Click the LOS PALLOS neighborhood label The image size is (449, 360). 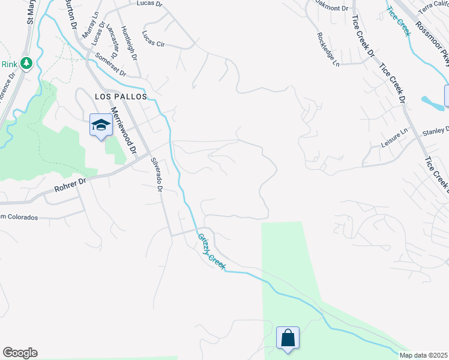(x=121, y=96)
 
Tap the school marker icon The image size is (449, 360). (x=101, y=125)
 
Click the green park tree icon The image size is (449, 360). (x=26, y=63)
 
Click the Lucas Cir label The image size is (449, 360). (x=153, y=43)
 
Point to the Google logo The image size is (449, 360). (x=20, y=353)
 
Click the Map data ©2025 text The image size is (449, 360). (x=423, y=355)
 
